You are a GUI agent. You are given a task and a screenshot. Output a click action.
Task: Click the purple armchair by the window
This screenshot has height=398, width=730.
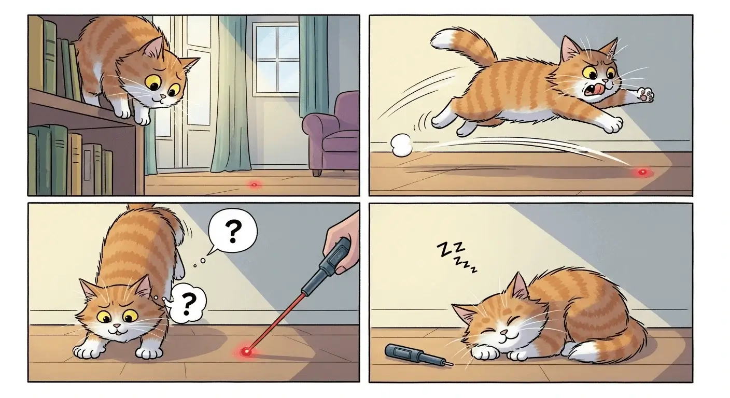tap(332, 132)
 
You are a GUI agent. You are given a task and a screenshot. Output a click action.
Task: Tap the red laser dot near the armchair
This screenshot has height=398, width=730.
tap(254, 184)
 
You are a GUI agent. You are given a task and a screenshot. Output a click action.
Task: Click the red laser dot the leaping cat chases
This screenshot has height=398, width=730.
tap(643, 172)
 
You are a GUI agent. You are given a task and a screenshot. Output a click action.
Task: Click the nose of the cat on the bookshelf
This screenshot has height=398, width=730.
tap(163, 96)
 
